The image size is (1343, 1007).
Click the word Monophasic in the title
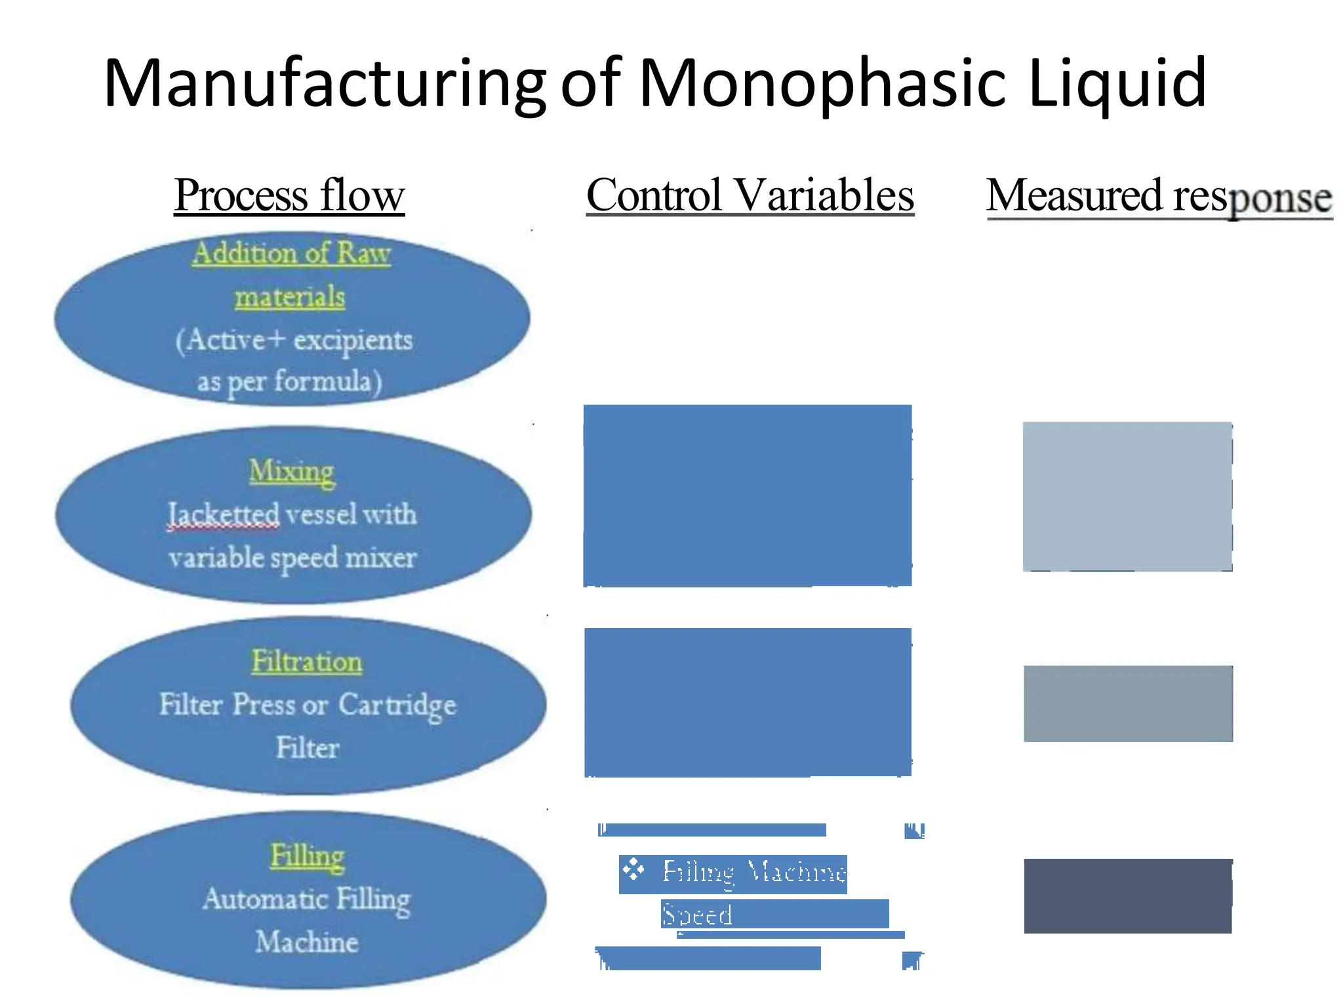pos(822,84)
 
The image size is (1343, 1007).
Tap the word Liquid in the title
pos(1117,84)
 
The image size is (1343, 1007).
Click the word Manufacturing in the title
pos(325,84)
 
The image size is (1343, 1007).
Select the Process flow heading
pos(289,195)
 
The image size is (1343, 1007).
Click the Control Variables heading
pos(750,195)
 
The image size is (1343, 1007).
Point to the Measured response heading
pos(1159,197)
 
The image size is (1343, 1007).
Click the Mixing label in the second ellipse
pos(292,471)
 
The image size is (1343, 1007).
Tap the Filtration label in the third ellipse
pos(307,661)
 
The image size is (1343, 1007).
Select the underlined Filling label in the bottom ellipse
pos(307,856)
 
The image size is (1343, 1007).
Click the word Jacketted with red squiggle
pos(224,515)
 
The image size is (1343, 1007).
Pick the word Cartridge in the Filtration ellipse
pos(397,706)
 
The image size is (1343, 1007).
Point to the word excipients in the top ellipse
pos(353,340)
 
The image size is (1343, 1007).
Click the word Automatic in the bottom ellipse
pos(266,899)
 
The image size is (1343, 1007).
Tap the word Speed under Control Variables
pos(696,915)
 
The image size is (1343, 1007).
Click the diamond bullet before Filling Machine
pos(633,871)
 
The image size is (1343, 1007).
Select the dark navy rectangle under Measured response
pos(1128,896)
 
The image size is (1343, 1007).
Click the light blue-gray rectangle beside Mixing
pos(1127,496)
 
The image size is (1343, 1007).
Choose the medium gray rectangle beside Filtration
pos(1128,703)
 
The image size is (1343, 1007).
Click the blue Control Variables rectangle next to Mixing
pos(748,496)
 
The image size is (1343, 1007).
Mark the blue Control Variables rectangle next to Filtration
pos(748,702)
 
